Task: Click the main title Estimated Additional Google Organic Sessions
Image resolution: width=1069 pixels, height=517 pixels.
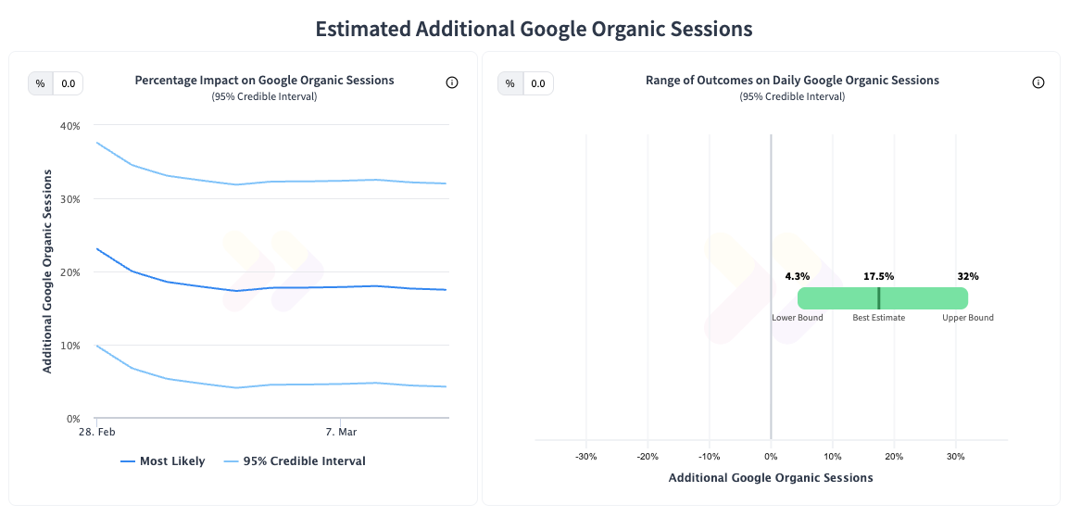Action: [534, 29]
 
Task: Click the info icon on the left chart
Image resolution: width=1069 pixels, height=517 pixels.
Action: [452, 82]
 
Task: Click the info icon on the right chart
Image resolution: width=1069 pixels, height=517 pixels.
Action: [1038, 82]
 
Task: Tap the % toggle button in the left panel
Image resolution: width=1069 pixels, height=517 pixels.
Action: [40, 83]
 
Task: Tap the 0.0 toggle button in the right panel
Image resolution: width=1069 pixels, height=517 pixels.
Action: [539, 83]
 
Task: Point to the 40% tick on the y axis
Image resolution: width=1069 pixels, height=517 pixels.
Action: [70, 125]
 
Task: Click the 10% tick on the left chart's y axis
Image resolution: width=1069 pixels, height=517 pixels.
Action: [70, 346]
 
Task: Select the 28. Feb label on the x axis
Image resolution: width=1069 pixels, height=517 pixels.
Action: [98, 433]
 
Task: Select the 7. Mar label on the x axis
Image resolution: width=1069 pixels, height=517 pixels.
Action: [341, 433]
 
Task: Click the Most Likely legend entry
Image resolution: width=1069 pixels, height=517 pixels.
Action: [163, 461]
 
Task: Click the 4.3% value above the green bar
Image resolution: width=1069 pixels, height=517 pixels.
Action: [797, 276]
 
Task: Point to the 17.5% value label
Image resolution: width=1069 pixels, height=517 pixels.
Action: [879, 276]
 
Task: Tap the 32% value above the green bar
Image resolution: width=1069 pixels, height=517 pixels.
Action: [968, 276]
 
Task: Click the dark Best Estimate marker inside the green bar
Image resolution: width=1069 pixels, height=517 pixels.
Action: [879, 298]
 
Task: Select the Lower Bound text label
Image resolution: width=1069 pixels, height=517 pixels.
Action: [797, 318]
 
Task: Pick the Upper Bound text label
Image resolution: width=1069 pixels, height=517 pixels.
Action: [968, 318]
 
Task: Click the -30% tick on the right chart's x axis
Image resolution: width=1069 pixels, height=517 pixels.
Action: [585, 456]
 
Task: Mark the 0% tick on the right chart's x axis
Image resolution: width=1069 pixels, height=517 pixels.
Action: [771, 456]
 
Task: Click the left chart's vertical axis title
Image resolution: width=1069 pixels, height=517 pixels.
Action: [47, 271]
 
